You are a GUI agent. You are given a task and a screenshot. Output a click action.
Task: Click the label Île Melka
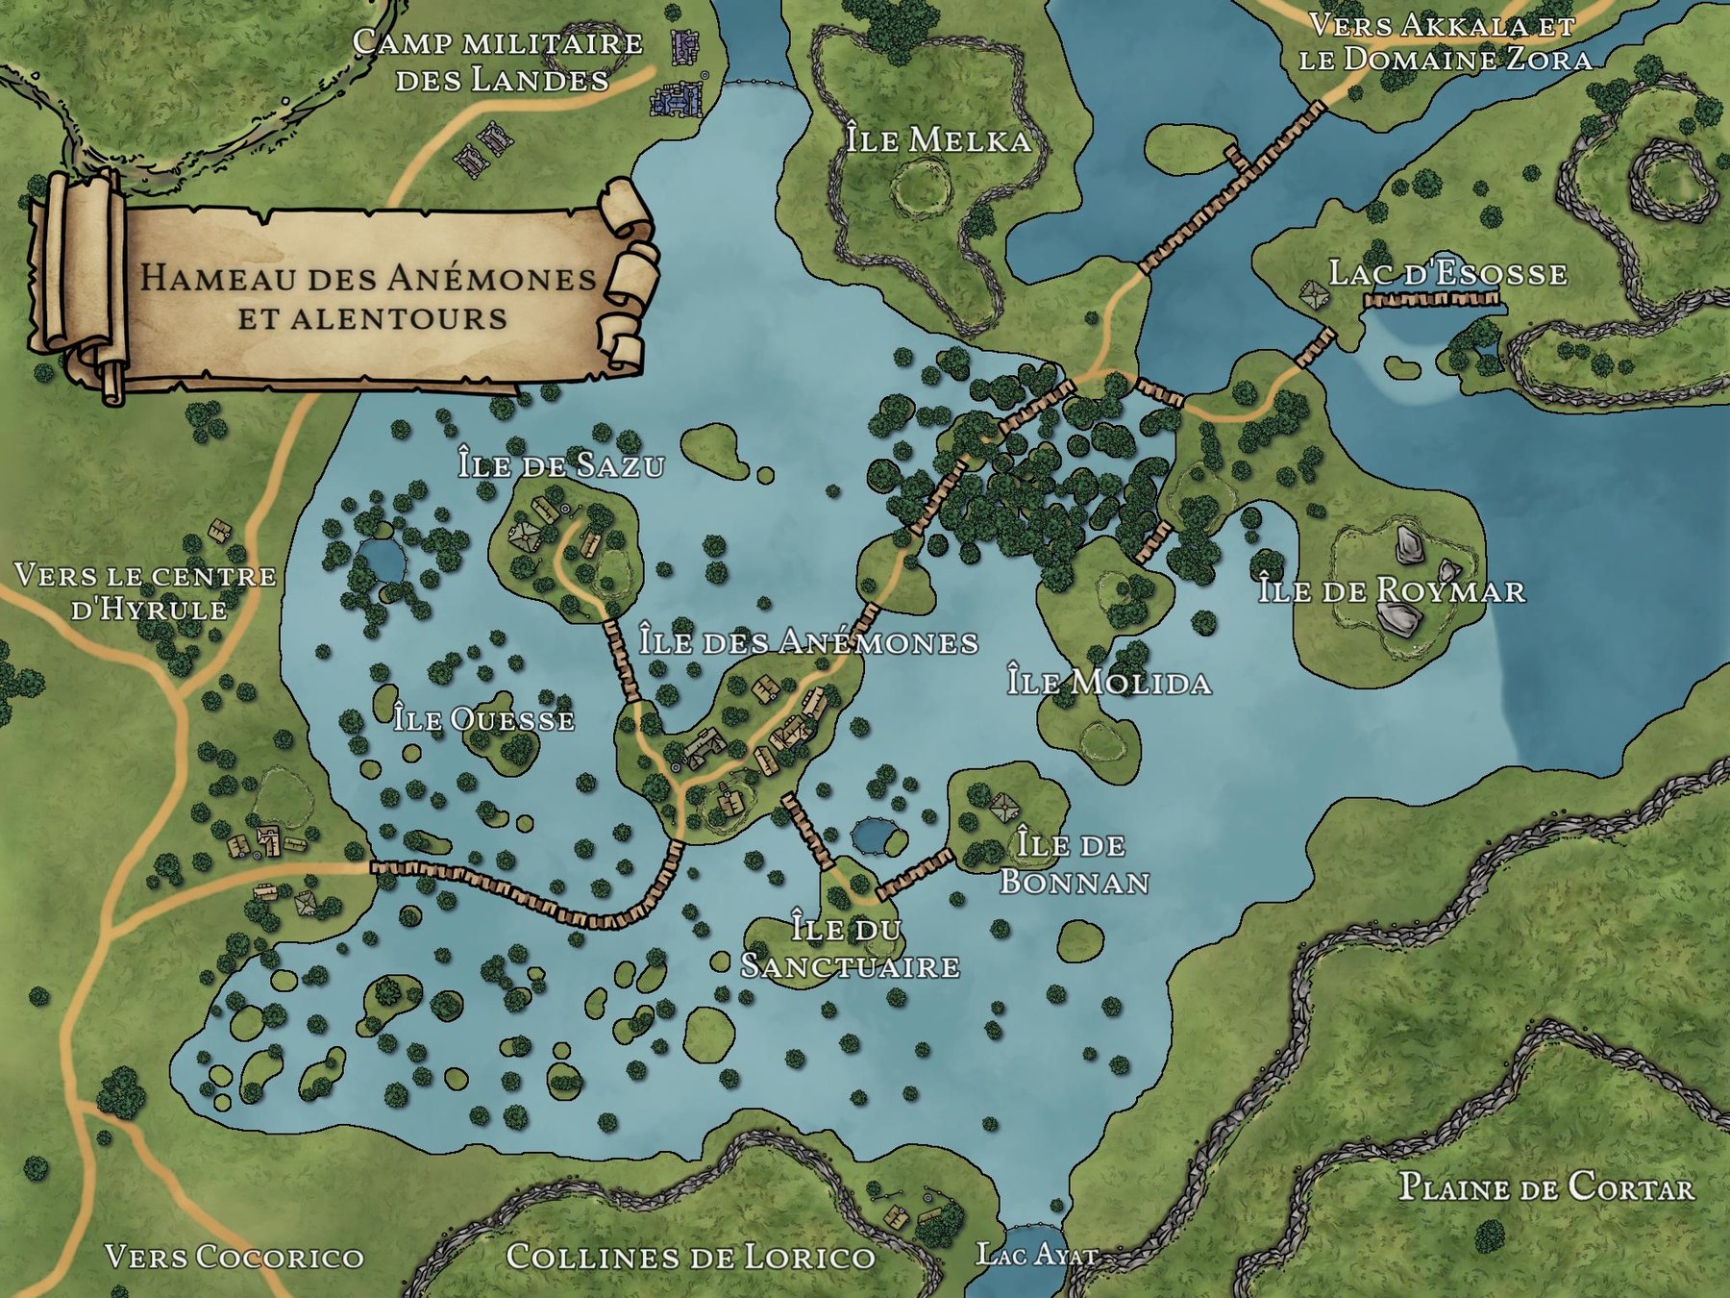click(938, 140)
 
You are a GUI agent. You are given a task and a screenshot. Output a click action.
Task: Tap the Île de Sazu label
click(561, 465)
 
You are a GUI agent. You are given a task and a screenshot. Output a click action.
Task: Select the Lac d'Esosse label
click(1447, 274)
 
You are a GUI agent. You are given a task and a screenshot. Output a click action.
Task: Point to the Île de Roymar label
click(1392, 590)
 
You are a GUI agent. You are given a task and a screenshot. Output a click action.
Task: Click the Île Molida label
click(1109, 682)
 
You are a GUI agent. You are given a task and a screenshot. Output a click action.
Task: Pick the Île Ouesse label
click(483, 719)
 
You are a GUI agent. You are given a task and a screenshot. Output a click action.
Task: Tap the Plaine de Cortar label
click(1545, 1187)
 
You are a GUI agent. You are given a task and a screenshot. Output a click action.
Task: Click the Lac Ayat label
click(1036, 1255)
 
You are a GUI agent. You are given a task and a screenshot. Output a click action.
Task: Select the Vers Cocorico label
click(235, 1257)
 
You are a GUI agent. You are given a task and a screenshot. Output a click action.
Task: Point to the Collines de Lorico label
click(690, 1257)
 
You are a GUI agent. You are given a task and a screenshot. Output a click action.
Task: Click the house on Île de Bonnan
click(1003, 807)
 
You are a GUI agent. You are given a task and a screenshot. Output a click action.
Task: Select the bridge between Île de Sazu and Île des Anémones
click(622, 659)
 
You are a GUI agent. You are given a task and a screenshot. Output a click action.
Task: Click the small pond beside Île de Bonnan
click(873, 836)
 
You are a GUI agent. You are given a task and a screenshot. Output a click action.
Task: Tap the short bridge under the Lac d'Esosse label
click(1431, 300)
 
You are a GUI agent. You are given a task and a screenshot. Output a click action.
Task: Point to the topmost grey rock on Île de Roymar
click(1409, 544)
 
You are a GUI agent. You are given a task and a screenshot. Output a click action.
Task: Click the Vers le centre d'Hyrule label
click(146, 591)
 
